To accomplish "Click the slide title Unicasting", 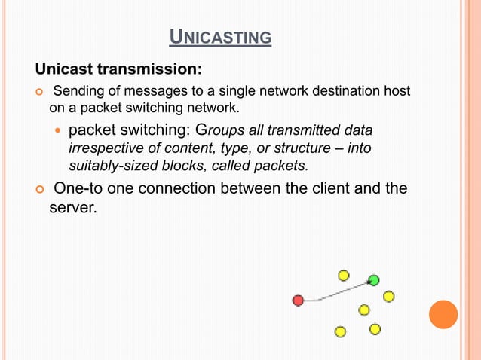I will [x=219, y=36].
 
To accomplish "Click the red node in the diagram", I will [x=298, y=301].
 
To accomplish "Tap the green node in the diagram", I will [x=373, y=281].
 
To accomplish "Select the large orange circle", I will [x=443, y=314].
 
